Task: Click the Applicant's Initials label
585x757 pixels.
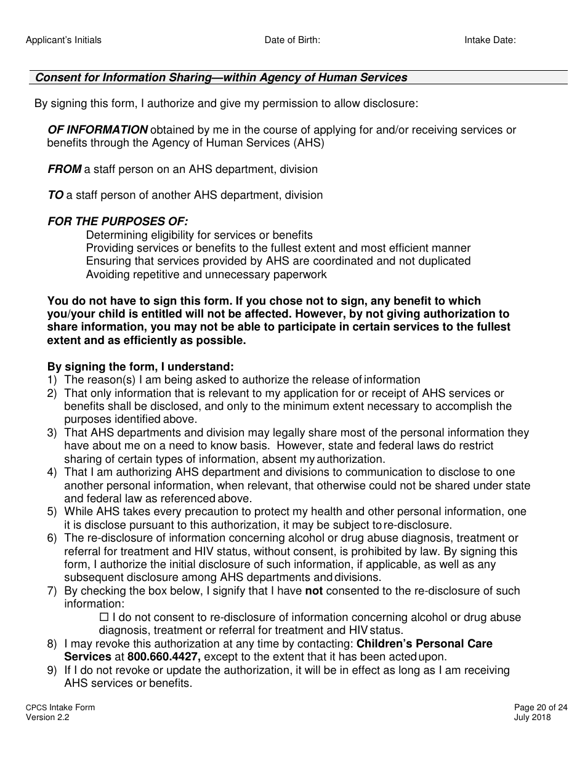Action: (x=63, y=40)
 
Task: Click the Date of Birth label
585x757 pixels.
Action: (x=292, y=40)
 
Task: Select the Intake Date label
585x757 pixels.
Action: (x=490, y=40)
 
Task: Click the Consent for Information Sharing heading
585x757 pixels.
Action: (x=221, y=78)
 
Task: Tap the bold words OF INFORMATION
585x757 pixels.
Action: (x=97, y=130)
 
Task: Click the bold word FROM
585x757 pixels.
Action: (x=64, y=169)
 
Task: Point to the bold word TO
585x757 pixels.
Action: (x=55, y=195)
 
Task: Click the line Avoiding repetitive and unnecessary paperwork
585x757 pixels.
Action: (x=206, y=274)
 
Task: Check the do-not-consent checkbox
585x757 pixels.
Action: (x=103, y=617)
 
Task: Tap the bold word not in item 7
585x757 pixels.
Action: (x=314, y=591)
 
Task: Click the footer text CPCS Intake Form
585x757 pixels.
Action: (x=60, y=708)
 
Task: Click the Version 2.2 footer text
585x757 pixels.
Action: (x=47, y=717)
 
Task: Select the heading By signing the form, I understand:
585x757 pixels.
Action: (x=140, y=366)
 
